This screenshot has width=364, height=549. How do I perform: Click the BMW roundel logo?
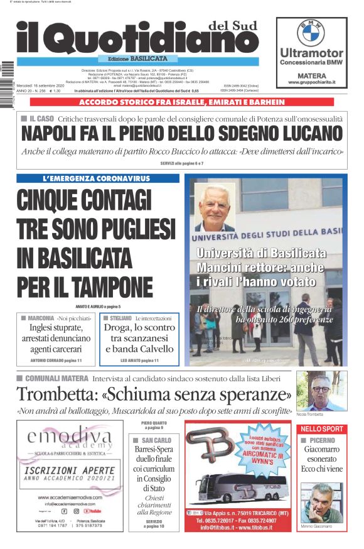tap(311, 33)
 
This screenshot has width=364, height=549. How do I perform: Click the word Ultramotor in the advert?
tap(311, 53)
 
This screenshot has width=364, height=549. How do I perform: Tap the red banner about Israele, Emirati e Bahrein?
tap(181, 102)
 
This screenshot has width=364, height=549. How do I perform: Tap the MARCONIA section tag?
tap(41, 318)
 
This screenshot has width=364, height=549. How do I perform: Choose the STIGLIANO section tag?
tap(117, 318)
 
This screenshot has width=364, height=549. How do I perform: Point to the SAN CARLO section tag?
tap(153, 440)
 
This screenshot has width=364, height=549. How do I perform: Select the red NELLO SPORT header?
tap(321, 428)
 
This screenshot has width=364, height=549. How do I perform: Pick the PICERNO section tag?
tap(322, 441)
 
